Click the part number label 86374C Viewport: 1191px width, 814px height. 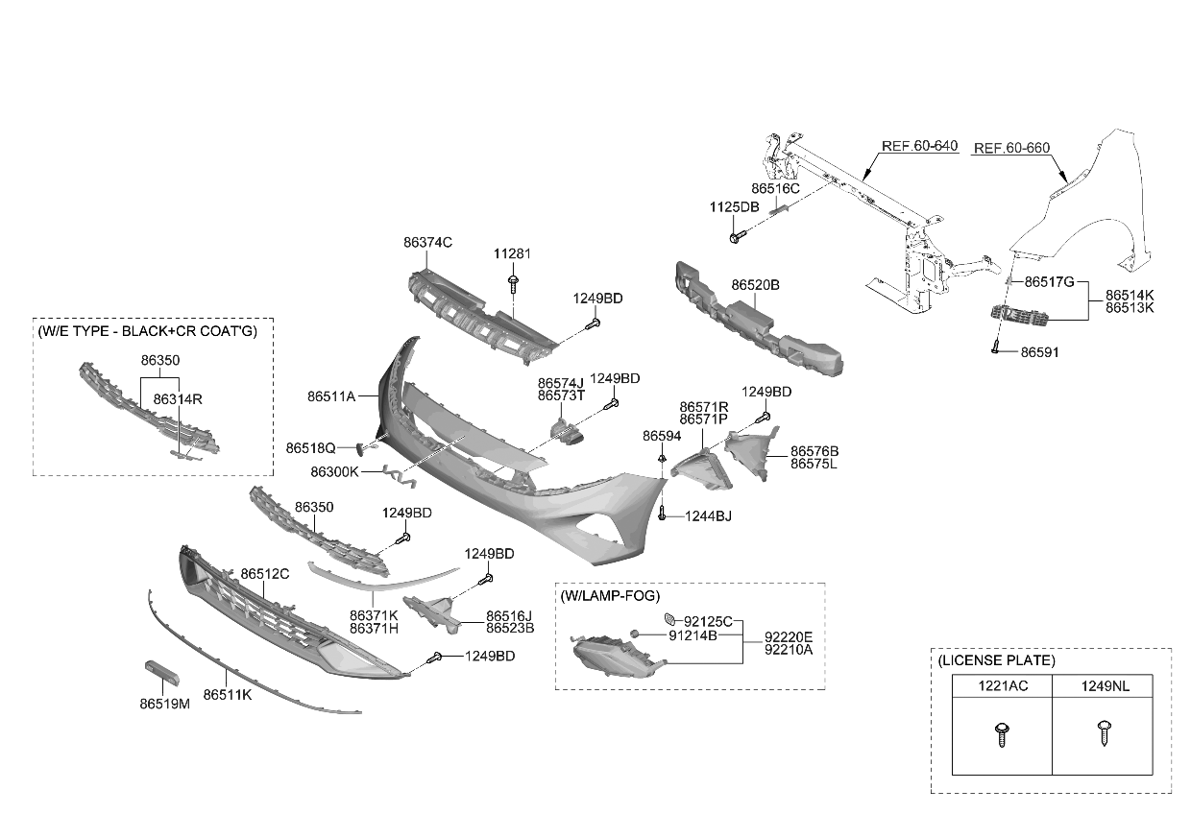tap(427, 244)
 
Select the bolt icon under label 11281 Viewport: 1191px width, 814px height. tap(515, 282)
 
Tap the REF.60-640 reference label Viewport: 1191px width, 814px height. tap(919, 146)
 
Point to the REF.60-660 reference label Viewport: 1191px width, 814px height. tap(1011, 149)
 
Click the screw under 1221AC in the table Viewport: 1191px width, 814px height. tap(1002, 735)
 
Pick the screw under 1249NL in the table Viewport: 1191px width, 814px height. tap(1103, 735)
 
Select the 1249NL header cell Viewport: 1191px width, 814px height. tap(1103, 686)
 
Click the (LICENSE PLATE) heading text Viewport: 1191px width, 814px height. tap(995, 660)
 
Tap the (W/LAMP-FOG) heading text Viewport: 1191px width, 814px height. tap(610, 595)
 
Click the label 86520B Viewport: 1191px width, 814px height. tap(755, 285)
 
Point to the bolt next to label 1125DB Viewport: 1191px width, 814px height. tap(736, 236)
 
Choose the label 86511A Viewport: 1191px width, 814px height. tap(331, 395)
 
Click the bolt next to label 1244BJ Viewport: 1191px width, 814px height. tap(664, 515)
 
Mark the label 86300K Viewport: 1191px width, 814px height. tap(333, 472)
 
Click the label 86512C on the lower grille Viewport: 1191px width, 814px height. tap(264, 574)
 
